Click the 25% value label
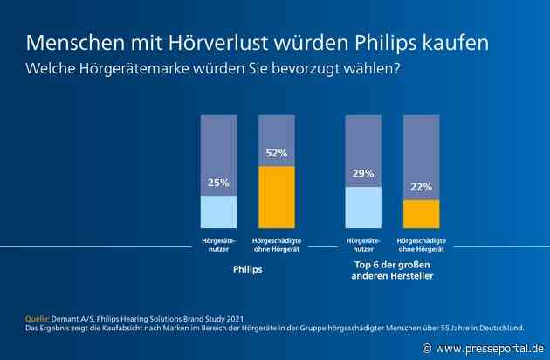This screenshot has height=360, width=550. [218, 183]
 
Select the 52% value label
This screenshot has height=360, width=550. [276, 153]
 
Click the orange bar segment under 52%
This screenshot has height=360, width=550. [276, 197]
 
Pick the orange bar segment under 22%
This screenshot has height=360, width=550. [421, 213]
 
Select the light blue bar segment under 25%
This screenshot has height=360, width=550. [218, 211]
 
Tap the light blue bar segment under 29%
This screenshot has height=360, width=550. [363, 207]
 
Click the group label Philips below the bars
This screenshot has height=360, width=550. [247, 270]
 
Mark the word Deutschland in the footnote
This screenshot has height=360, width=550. [497, 328]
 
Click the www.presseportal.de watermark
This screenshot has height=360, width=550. [489, 348]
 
